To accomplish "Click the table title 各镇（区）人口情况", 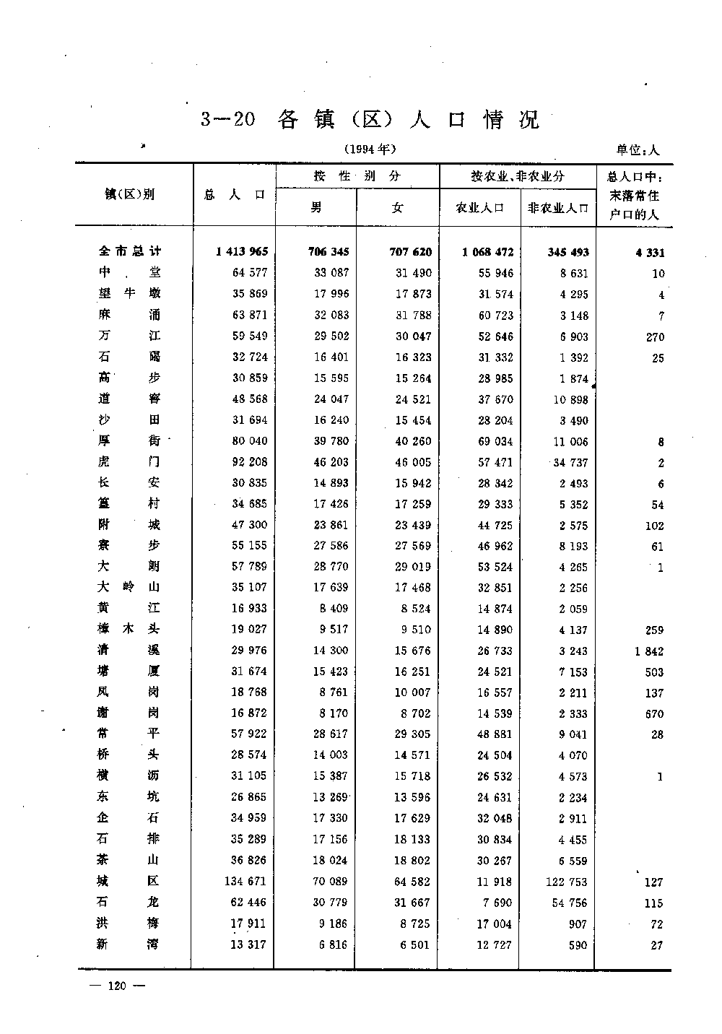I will point(370,119).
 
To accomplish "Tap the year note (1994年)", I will point(370,149).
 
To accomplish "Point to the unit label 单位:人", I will point(638,150).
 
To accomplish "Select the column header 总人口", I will point(235,195).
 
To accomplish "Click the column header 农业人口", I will point(479,208).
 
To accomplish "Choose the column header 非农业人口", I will point(558,208).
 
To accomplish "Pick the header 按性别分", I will point(357,175).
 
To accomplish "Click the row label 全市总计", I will point(130,251).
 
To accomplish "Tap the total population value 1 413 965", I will point(241,251).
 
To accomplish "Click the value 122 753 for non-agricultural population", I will point(566,882).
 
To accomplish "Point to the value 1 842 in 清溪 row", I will point(649,651).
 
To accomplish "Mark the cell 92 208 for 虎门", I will point(248,462).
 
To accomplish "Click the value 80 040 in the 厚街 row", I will point(248,441).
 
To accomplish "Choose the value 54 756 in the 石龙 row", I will point(566,903).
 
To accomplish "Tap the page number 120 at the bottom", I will point(116,987).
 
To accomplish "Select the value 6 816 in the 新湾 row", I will point(333,944).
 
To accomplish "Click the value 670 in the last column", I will point(654,714).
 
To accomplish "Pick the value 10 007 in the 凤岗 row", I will point(412,692).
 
